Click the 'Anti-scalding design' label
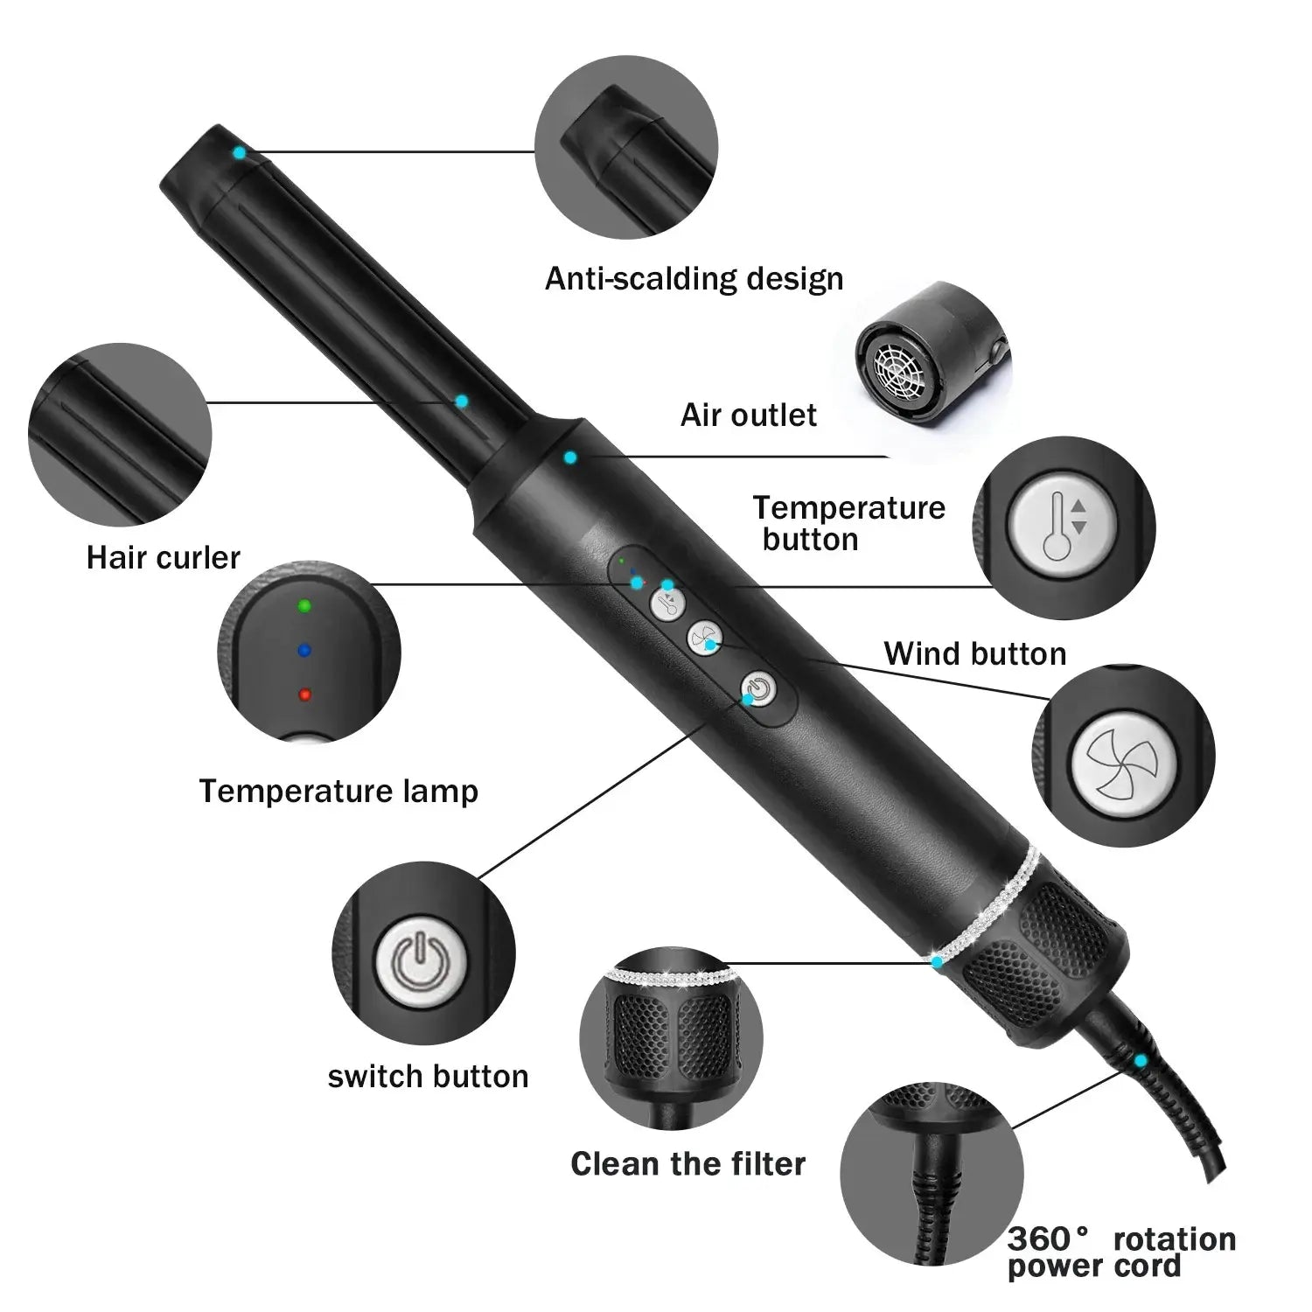[x=694, y=279]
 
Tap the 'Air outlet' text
[x=749, y=415]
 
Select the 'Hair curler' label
[x=163, y=558]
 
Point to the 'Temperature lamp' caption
[x=338, y=792]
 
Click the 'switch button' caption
[x=428, y=1077]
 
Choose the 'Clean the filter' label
[x=687, y=1164]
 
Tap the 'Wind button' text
[x=974, y=654]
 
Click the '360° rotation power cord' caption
[x=1120, y=1253]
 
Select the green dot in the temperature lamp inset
[x=304, y=605]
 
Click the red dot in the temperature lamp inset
[x=304, y=694]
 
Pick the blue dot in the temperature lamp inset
[x=304, y=650]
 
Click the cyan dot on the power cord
[x=1140, y=1061]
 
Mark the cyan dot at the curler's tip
[x=238, y=152]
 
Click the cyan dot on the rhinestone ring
[x=937, y=962]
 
